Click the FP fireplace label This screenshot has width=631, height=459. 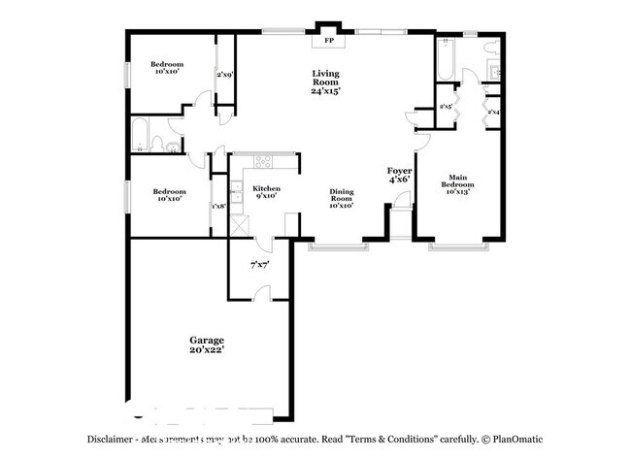[x=328, y=42]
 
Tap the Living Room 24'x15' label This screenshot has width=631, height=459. [x=325, y=82]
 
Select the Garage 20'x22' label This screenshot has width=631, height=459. [x=206, y=344]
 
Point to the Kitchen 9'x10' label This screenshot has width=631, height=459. [x=266, y=192]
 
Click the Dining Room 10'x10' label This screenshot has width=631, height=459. [x=340, y=199]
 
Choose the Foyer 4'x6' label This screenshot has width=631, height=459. [x=400, y=174]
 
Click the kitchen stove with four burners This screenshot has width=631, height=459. [x=262, y=162]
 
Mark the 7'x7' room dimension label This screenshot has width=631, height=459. [x=258, y=264]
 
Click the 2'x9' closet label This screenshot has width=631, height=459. [x=224, y=74]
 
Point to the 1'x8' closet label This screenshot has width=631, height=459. [x=218, y=206]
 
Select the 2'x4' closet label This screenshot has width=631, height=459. [x=494, y=113]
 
